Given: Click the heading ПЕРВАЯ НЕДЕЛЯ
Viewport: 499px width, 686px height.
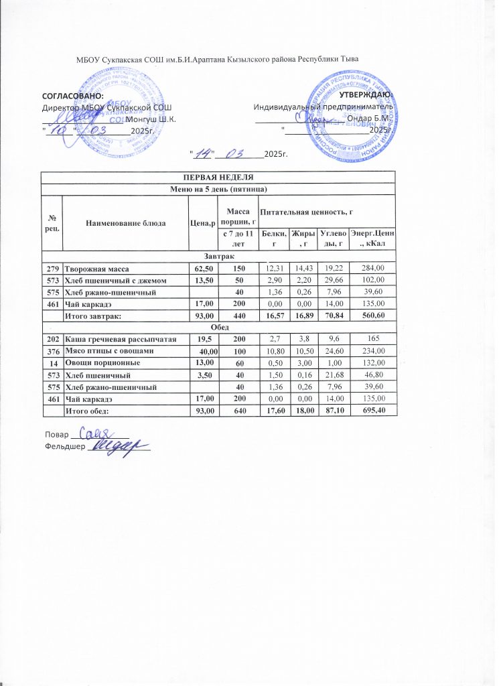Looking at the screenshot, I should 218,178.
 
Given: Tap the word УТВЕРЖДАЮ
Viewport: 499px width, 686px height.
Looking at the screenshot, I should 371,96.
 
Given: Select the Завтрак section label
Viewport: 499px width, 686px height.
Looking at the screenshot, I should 218,256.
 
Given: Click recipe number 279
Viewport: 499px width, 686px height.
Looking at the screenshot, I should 52,268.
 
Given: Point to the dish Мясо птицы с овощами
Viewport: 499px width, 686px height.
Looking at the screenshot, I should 109,351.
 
